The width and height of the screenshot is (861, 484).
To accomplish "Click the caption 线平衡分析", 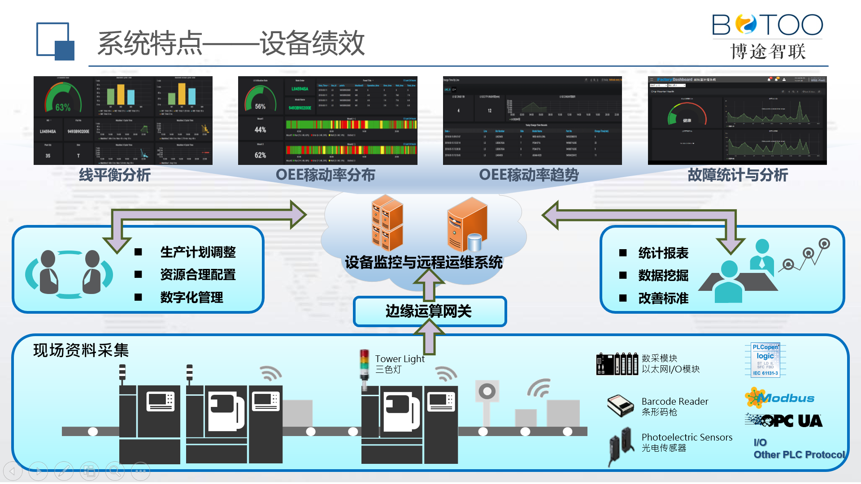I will click(x=115, y=175).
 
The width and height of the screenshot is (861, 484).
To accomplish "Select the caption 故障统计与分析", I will click(x=738, y=175).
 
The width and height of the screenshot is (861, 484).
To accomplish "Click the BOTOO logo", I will click(x=768, y=36).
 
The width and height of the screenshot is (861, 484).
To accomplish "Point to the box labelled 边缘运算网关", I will click(x=429, y=311).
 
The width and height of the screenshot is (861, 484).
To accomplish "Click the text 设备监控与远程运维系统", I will click(x=424, y=262).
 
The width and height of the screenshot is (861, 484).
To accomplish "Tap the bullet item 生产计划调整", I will click(x=198, y=252).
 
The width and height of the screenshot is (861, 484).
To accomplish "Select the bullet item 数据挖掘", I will click(x=663, y=275).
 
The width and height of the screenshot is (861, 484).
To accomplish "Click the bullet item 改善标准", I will click(x=663, y=298).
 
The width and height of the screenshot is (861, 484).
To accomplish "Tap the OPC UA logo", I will click(x=785, y=420).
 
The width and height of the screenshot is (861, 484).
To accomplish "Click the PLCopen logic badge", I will click(x=765, y=360).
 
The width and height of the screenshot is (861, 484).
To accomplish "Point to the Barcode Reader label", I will click(x=674, y=402).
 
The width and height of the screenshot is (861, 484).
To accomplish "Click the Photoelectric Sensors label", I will click(x=687, y=437).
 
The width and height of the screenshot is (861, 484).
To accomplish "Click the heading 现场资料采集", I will click(x=81, y=350).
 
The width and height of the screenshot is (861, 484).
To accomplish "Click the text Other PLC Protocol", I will click(x=799, y=454).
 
